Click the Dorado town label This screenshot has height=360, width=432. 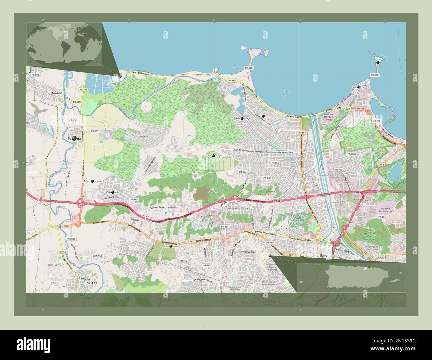click(56, 94)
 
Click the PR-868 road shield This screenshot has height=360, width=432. click(249, 68)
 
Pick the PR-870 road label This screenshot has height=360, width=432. click(375, 75)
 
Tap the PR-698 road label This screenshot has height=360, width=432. click(35, 75)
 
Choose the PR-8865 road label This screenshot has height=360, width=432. click(71, 239)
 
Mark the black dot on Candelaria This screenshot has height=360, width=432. click(171, 246)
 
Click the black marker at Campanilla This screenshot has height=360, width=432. click(113, 192)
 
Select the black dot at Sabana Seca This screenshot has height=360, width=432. click(213, 155)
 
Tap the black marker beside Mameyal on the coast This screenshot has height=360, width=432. click(120, 76)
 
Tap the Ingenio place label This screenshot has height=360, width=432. click(145, 136)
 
